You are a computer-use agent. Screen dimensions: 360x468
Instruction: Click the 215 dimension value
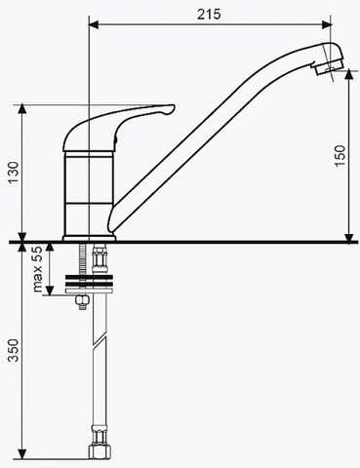pyautogui.click(x=209, y=14)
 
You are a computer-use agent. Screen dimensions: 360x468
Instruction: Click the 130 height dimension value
pyautogui.click(x=14, y=173)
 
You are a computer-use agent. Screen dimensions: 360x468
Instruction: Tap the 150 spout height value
pyautogui.click(x=340, y=156)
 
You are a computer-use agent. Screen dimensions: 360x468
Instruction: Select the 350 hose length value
pyautogui.click(x=14, y=350)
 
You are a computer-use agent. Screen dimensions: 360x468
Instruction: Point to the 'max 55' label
pyautogui.click(x=38, y=269)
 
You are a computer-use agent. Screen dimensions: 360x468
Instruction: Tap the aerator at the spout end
pyautogui.click(x=329, y=68)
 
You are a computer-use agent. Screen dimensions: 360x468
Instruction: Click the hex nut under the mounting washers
pyautogui.click(x=82, y=302)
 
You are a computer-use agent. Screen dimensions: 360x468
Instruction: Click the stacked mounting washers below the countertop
pyautogui.click(x=89, y=285)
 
